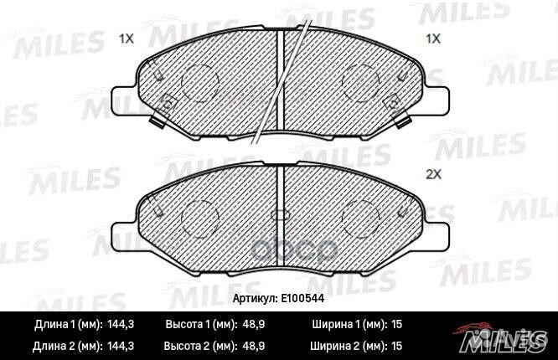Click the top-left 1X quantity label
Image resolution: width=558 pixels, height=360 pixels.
[x=127, y=39]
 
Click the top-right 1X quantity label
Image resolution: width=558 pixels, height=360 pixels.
[x=433, y=39]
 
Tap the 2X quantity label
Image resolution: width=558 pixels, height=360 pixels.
[x=433, y=175]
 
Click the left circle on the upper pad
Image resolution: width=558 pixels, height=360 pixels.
[x=200, y=80]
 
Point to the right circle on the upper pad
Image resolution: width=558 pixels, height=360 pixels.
[x=361, y=80]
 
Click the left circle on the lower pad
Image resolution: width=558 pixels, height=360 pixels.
[x=200, y=219]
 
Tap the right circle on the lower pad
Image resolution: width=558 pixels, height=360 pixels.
[x=361, y=219]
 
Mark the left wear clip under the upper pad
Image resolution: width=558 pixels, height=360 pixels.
[x=155, y=122]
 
